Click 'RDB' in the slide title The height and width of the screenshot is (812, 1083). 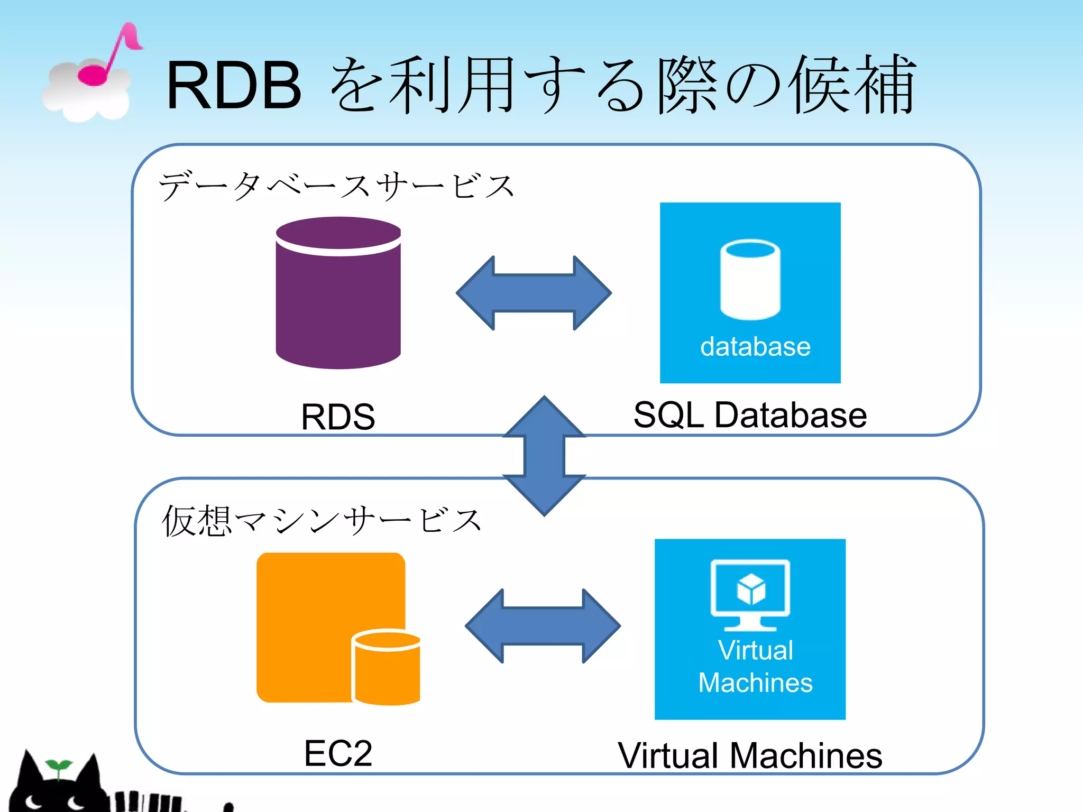point(234,86)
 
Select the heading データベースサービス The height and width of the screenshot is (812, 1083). point(336,186)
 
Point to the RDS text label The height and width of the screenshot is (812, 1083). point(338,417)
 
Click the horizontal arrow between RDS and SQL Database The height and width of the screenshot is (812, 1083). point(534,293)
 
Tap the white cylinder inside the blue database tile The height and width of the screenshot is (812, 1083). point(750,280)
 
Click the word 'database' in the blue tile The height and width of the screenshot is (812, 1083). point(755,347)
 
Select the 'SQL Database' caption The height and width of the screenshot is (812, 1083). point(750,415)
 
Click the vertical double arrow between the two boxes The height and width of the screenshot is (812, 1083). point(544,456)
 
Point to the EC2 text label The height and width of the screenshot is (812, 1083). point(338,753)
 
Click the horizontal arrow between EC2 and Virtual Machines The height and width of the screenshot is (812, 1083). point(543,626)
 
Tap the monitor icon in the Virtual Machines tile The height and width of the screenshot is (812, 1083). point(750,592)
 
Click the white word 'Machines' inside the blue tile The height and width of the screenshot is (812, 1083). point(755,682)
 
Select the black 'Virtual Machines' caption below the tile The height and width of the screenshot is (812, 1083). point(750,755)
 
